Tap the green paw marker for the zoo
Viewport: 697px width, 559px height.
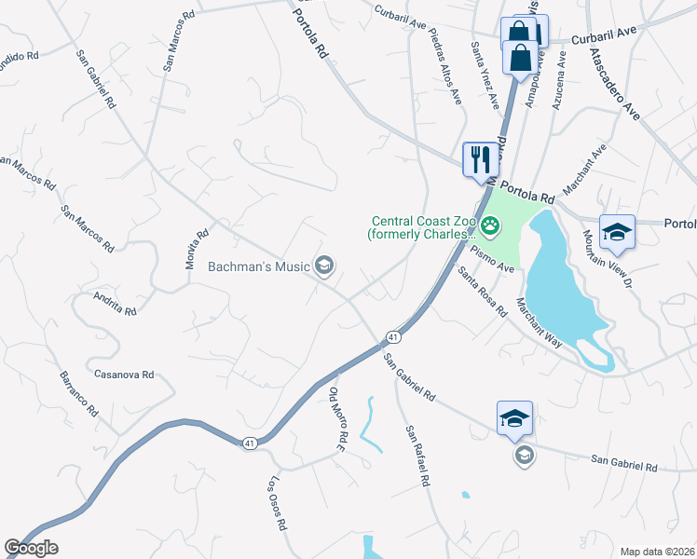click(x=490, y=225)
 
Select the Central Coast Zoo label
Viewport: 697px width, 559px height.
click(x=425, y=227)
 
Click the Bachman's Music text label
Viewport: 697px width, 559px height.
click(x=258, y=267)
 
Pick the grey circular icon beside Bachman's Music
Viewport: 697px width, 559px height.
click(x=324, y=266)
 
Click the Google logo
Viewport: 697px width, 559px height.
click(x=31, y=548)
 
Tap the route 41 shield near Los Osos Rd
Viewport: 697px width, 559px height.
click(x=249, y=443)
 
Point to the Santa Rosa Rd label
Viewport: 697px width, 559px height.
click(x=482, y=290)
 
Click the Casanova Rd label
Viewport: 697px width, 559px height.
click(x=124, y=375)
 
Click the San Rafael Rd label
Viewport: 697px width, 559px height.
click(x=417, y=457)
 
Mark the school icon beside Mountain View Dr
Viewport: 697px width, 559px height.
click(x=616, y=232)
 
